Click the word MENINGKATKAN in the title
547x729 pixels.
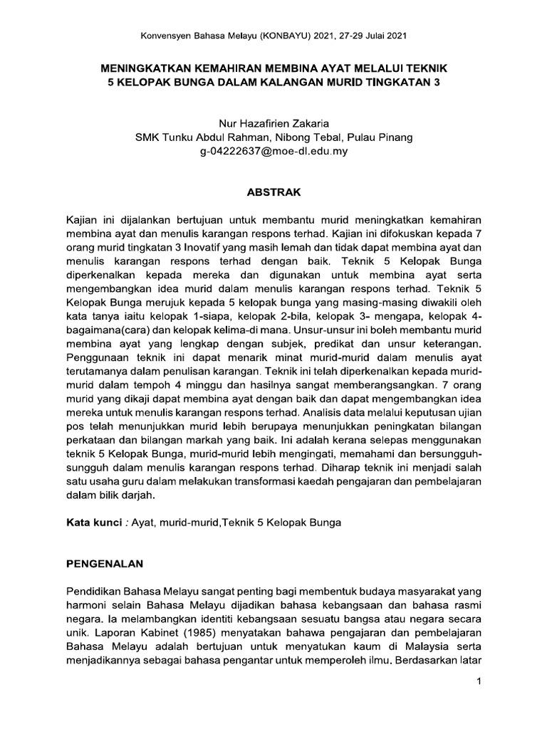(x=141, y=69)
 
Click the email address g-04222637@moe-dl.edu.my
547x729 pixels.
(x=273, y=151)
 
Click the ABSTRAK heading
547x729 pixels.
(x=273, y=192)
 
